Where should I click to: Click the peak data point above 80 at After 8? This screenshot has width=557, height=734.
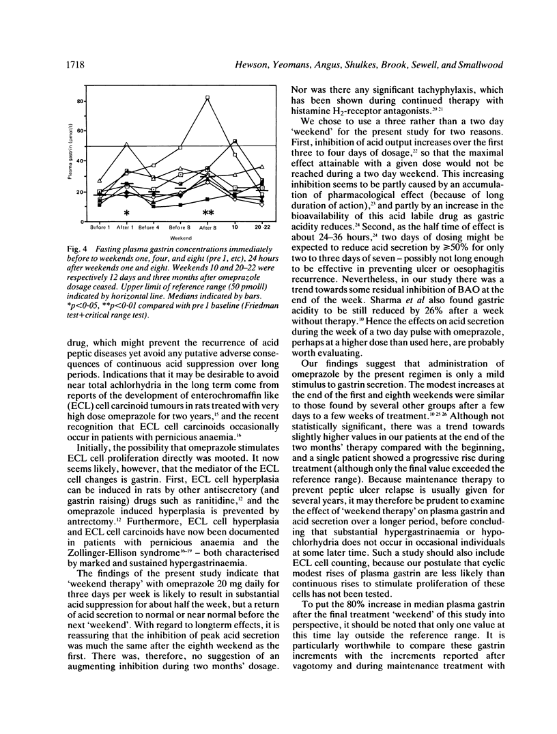[x=207, y=98]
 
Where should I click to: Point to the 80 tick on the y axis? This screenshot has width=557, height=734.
[x=89, y=101]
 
